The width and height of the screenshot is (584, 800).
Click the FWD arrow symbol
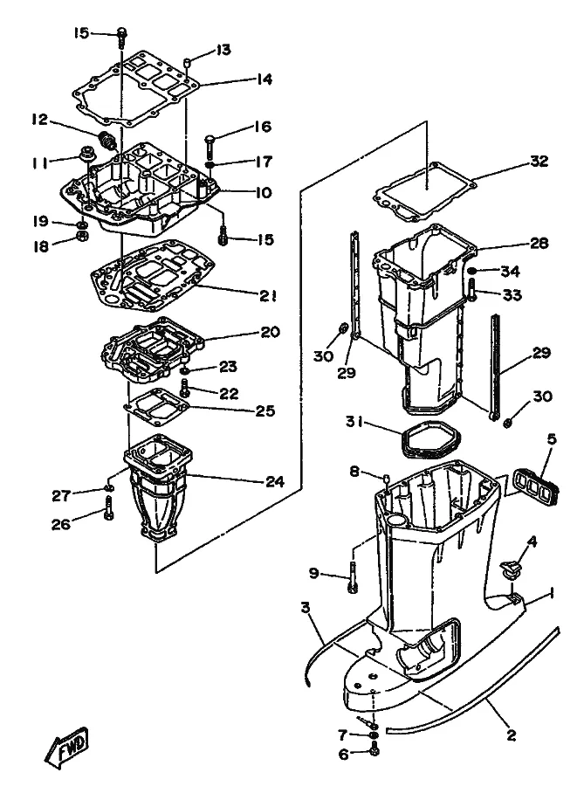pyautogui.click(x=66, y=745)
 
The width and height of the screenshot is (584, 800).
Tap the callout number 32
pyautogui.click(x=539, y=162)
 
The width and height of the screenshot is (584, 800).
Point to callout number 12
pyautogui.click(x=39, y=120)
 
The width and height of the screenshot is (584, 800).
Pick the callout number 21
pyautogui.click(x=268, y=296)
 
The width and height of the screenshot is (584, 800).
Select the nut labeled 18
pyautogui.click(x=82, y=236)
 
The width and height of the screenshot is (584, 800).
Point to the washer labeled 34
pyautogui.click(x=471, y=270)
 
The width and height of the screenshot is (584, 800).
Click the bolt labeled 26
pyautogui.click(x=108, y=511)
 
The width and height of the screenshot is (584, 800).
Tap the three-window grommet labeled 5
pyautogui.click(x=535, y=482)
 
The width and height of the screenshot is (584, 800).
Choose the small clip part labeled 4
pyautogui.click(x=510, y=569)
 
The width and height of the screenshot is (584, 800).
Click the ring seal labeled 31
pyautogui.click(x=433, y=440)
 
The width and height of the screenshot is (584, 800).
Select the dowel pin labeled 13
pyautogui.click(x=187, y=63)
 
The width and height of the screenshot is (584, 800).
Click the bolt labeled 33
pyautogui.click(x=471, y=289)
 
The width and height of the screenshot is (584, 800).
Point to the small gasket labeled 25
pyautogui.click(x=157, y=408)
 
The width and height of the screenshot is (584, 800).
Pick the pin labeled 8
pyautogui.click(x=388, y=479)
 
